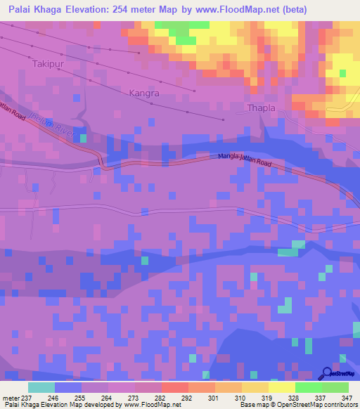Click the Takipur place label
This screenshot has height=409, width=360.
[x=49, y=63]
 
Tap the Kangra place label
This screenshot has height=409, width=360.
[x=144, y=92]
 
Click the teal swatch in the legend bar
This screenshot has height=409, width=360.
[x=41, y=387]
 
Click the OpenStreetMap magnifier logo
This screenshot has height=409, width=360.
[x=326, y=374]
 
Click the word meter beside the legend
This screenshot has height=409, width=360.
[x=9, y=398]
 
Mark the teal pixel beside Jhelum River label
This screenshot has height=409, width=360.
[x=84, y=138]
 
